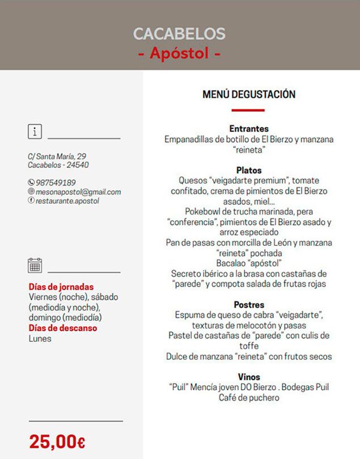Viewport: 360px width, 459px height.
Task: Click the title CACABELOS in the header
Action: [179, 33]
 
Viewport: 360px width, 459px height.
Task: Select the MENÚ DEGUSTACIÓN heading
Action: [249, 95]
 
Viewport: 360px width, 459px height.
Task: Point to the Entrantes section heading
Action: [249, 129]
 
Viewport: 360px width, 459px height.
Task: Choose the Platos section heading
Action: [249, 170]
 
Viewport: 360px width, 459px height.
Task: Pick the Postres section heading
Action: [249, 305]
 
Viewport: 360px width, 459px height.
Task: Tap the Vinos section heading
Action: [249, 377]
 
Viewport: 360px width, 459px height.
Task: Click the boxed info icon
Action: [35, 132]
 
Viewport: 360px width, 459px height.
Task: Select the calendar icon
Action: [35, 265]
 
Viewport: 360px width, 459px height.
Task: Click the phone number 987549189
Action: [56, 183]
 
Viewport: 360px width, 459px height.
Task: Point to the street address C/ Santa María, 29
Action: [57, 156]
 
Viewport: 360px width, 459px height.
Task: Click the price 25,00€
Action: [57, 441]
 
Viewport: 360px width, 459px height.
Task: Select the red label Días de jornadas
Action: [61, 287]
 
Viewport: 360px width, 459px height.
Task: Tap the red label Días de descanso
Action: [63, 328]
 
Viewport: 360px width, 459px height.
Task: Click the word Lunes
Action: [40, 338]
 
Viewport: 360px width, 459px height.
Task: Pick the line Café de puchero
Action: [249, 398]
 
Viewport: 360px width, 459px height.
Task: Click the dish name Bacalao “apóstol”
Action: [249, 263]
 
